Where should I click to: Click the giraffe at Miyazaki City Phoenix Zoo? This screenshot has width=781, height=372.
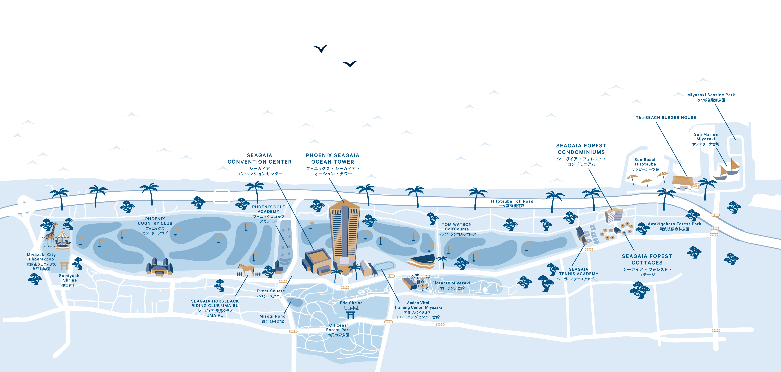pos(51,235)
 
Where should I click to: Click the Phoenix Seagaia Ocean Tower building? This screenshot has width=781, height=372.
pos(344,233)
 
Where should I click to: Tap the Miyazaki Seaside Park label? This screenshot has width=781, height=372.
pos(711,97)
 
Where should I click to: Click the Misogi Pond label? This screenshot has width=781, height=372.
pos(272,318)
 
